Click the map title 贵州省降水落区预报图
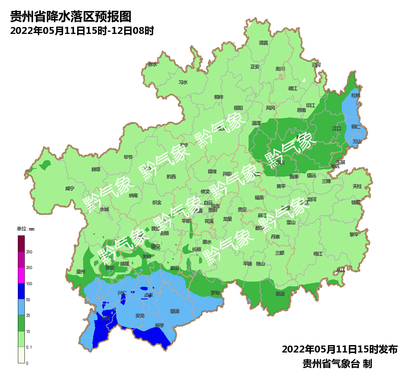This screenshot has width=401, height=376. [x=71, y=17]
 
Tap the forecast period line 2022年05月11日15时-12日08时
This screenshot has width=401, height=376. [x=82, y=31]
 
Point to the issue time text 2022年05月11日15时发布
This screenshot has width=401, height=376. [x=340, y=349]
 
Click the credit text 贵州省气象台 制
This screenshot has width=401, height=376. [x=337, y=363]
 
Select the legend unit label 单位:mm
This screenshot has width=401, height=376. [x=25, y=229]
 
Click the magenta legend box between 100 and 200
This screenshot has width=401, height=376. [x=21, y=275]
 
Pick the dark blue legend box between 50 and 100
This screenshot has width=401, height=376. [x=21, y=291]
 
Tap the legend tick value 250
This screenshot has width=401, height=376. [x=29, y=252]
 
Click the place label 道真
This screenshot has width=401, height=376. [x=263, y=43]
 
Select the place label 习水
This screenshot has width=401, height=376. [x=183, y=82]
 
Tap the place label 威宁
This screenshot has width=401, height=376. [x=70, y=188]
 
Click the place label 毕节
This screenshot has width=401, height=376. [x=128, y=157]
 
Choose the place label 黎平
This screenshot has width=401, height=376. [x=354, y=234]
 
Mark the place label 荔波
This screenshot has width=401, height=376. [x=280, y=294]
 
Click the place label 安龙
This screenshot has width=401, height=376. [x=140, y=316]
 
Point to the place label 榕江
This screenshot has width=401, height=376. [x=318, y=253]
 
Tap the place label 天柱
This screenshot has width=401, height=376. [x=357, y=186]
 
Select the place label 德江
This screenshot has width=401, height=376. [x=292, y=88]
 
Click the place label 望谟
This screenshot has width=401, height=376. [x=175, y=311]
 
